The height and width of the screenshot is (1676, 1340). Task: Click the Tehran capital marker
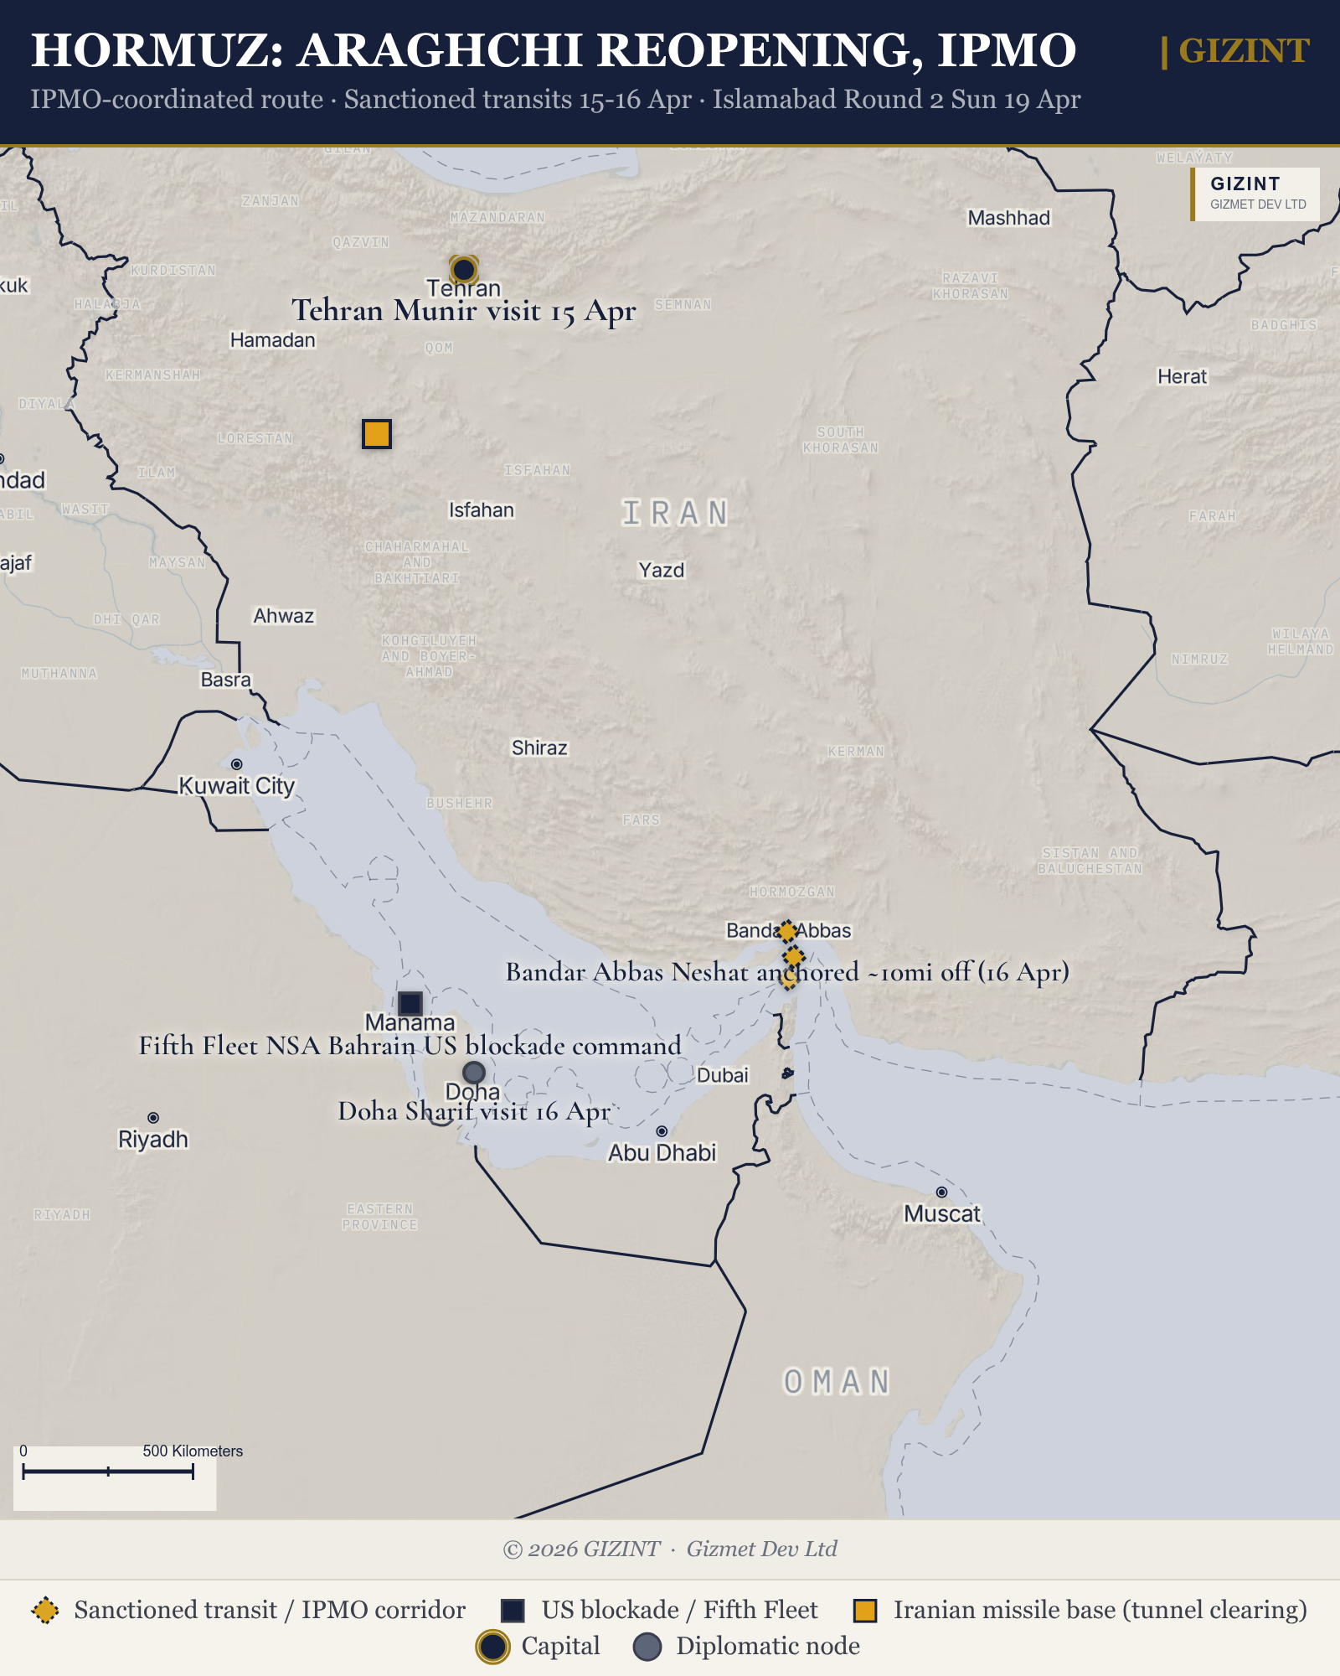coord(463,270)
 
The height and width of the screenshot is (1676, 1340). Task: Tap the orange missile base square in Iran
coord(377,434)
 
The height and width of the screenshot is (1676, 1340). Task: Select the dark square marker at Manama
coord(410,1003)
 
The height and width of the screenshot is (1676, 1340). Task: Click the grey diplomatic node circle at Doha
coord(474,1072)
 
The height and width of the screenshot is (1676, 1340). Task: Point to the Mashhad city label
coord(1008,218)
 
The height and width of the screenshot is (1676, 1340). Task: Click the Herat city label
coord(1182,377)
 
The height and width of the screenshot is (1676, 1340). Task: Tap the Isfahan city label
coord(481,510)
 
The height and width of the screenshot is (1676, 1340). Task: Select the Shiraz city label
coord(539,747)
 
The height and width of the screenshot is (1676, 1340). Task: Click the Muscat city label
coord(941,1213)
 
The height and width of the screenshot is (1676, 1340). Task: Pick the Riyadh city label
coord(153,1140)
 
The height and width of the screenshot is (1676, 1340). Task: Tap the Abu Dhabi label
coord(662,1153)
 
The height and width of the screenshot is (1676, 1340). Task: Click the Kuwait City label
coord(237,786)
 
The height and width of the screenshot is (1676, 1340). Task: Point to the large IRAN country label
coord(675,513)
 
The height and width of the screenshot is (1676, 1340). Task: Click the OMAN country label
coord(837,1382)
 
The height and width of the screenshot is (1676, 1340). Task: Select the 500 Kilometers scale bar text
coord(193,1451)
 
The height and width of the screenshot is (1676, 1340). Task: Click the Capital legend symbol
coord(492,1647)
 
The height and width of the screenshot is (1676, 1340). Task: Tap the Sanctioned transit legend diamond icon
coord(45,1610)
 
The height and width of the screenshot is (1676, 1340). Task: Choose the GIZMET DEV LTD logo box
coord(1256,194)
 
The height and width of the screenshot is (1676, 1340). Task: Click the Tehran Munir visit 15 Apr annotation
coord(463,311)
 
